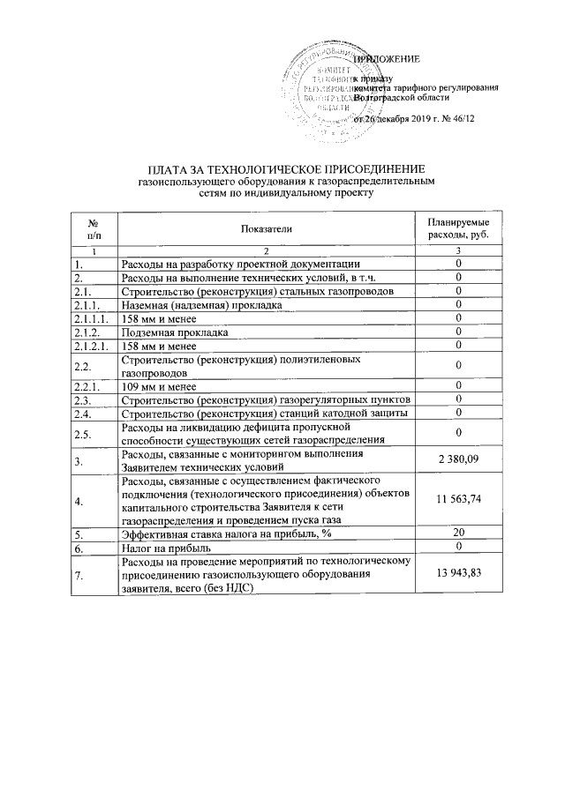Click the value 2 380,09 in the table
click(x=459, y=459)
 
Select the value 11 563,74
click(x=459, y=500)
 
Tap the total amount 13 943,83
click(x=459, y=574)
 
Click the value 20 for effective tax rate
click(x=459, y=533)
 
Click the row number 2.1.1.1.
click(x=92, y=318)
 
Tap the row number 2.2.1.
click(x=88, y=386)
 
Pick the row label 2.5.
click(x=84, y=433)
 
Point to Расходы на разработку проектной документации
click(x=239, y=264)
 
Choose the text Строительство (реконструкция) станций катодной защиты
click(x=263, y=413)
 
